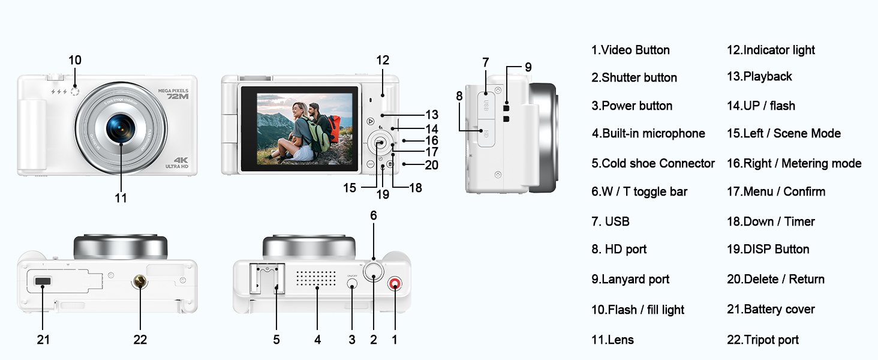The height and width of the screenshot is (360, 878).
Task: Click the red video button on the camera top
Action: click(395, 285)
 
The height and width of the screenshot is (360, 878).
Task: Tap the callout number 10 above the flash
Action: click(75, 60)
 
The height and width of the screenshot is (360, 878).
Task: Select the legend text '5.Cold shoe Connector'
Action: click(653, 163)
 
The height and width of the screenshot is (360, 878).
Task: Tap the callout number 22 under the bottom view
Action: click(140, 340)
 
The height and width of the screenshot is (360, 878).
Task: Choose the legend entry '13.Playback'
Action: click(759, 76)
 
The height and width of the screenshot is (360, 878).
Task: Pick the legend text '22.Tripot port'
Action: click(762, 340)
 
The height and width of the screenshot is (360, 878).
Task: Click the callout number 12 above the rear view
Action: click(383, 60)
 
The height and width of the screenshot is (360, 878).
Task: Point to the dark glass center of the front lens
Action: click(121, 127)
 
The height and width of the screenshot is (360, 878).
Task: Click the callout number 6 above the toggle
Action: click(374, 215)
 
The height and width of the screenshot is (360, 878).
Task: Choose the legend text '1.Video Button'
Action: click(630, 50)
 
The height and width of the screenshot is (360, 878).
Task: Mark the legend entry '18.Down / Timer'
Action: click(771, 221)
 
